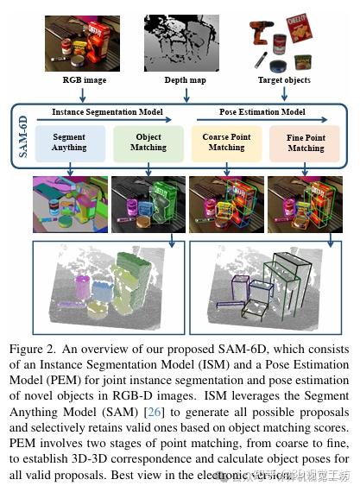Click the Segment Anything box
point(68,143)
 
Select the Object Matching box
point(148,143)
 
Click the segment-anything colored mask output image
point(68,205)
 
